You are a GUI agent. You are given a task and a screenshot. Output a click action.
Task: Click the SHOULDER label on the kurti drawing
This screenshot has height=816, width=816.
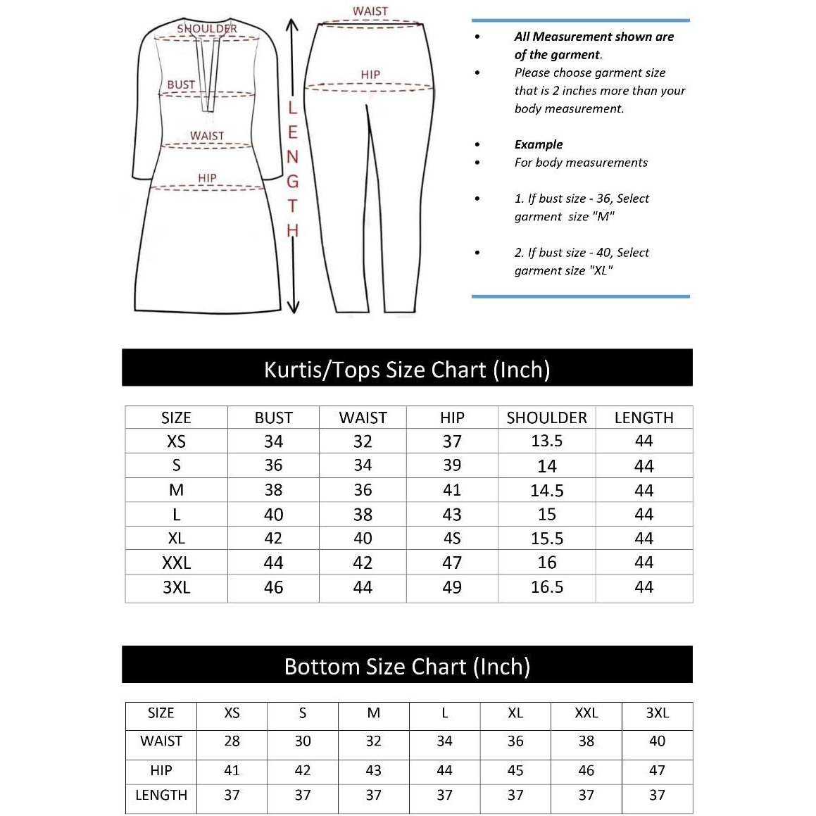207,28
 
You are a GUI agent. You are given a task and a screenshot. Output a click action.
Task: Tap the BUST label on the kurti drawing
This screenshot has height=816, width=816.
181,84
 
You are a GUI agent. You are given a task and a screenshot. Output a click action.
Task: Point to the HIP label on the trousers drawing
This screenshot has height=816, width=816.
370,74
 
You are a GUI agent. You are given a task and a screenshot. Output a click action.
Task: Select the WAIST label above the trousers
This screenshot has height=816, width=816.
370,11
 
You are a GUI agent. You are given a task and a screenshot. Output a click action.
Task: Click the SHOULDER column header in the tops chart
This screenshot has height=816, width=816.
546,418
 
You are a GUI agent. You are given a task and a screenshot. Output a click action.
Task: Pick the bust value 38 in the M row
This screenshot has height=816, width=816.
273,490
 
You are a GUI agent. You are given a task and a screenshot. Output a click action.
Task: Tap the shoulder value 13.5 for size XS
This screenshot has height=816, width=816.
546,441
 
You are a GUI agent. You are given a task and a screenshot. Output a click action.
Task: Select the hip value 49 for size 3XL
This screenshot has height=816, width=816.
452,587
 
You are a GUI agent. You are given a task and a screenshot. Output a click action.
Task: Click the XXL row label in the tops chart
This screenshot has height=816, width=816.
176,563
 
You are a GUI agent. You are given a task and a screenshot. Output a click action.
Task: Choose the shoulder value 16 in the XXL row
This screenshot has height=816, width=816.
546,563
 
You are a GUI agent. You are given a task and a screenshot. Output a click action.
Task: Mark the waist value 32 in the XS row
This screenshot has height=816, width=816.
363,441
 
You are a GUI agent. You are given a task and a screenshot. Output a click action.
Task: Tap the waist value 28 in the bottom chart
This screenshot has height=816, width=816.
232,741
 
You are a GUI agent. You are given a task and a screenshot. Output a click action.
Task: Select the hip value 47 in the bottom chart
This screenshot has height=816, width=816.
657,770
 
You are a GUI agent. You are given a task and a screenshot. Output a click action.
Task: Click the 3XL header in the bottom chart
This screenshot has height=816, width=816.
657,713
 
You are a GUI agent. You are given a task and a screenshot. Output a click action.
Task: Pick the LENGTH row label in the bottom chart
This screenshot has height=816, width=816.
161,795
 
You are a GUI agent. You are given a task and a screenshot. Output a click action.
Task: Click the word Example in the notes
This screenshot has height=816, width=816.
539,144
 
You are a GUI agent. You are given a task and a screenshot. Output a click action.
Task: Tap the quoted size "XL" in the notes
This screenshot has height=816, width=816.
601,270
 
